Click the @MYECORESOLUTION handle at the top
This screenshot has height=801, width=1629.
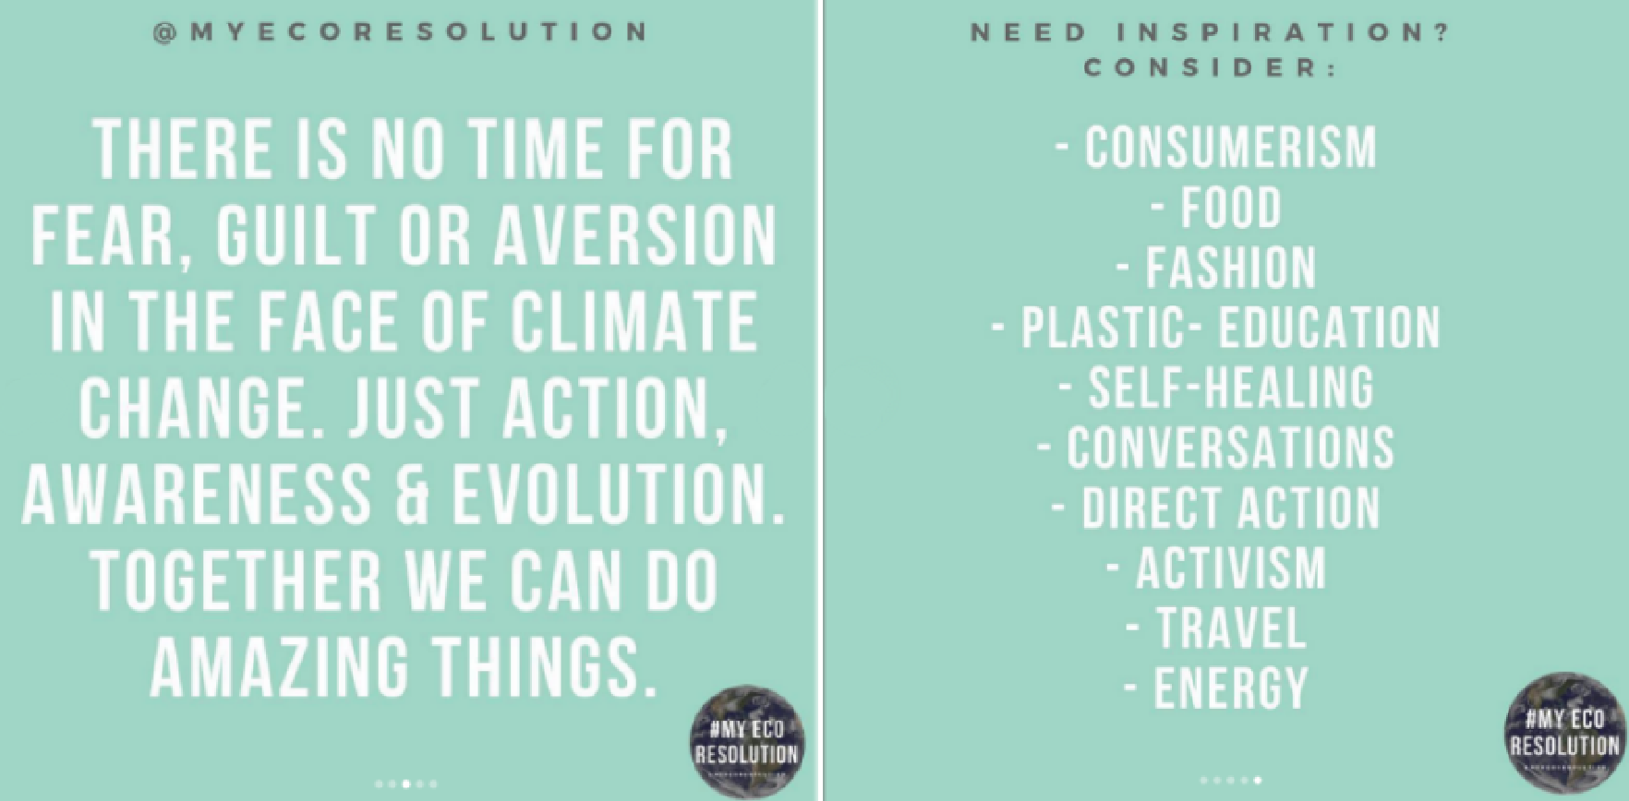pos(401,31)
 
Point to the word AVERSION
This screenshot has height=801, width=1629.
pos(634,235)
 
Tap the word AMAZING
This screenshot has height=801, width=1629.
pos(279,666)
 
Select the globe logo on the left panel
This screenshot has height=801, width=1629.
pos(747,742)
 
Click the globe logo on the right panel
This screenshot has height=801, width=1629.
pos(1564,732)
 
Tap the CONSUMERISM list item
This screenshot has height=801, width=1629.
pos(1230,148)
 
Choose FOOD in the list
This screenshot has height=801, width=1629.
pos(1231,208)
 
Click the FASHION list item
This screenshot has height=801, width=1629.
pos(1231,268)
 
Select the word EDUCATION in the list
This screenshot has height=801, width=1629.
pos(1330,328)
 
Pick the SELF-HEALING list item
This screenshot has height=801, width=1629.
pos(1231,388)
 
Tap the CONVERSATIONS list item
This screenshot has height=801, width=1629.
pos(1230,448)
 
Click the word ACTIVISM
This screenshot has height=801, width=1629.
pos(1231,568)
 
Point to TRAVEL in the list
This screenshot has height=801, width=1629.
pos(1231,628)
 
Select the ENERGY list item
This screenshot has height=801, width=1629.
pos(1231,687)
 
